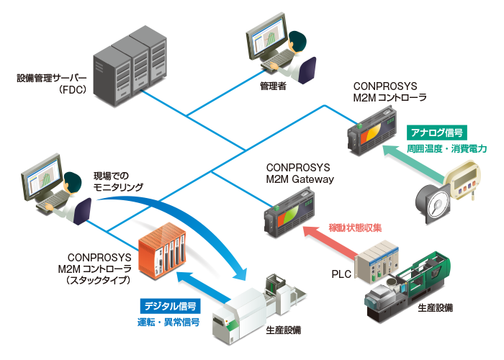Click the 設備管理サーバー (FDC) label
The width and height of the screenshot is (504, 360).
tap(52, 84)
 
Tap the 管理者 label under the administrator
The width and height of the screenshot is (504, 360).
tap(273, 86)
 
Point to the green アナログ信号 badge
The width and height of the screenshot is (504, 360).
tap(437, 132)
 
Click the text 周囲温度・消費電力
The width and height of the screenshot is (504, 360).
tap(446, 149)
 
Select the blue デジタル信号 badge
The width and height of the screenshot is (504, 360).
tap(171, 306)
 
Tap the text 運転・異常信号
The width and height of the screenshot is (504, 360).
tap(168, 322)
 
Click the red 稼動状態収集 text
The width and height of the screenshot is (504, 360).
tap(355, 228)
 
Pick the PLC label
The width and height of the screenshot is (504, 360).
tap(341, 274)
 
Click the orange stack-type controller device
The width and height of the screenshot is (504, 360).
tap(162, 251)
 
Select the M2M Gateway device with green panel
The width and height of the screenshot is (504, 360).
tap(289, 212)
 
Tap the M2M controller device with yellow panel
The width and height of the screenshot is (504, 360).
tap(372, 132)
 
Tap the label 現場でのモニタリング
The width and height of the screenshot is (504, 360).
tap(118, 181)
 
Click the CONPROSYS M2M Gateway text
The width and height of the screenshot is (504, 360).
tap(300, 174)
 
